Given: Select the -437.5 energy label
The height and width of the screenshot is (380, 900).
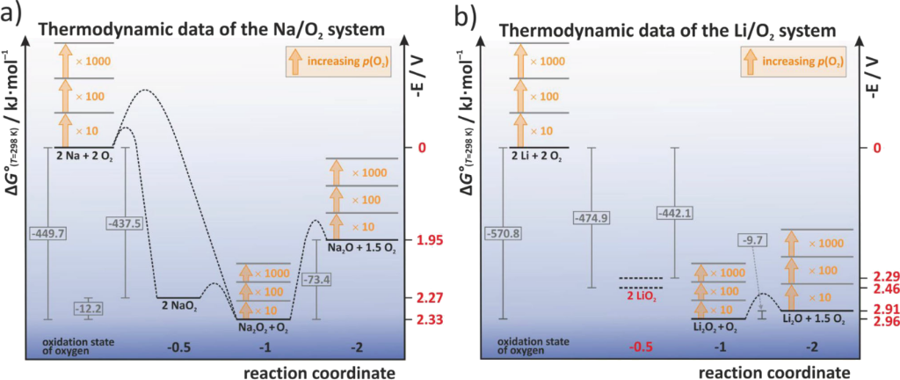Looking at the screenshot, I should pyautogui.click(x=121, y=223).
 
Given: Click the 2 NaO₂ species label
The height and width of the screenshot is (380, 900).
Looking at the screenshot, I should pyautogui.click(x=180, y=307).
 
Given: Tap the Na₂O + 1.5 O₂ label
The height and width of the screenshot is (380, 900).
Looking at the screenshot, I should pyautogui.click(x=363, y=249).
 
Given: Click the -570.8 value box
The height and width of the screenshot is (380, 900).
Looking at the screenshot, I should pyautogui.click(x=504, y=233).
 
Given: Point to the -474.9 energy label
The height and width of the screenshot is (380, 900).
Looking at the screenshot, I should pyautogui.click(x=591, y=216).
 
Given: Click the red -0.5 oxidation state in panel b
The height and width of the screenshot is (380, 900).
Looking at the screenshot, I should pyautogui.click(x=642, y=347).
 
